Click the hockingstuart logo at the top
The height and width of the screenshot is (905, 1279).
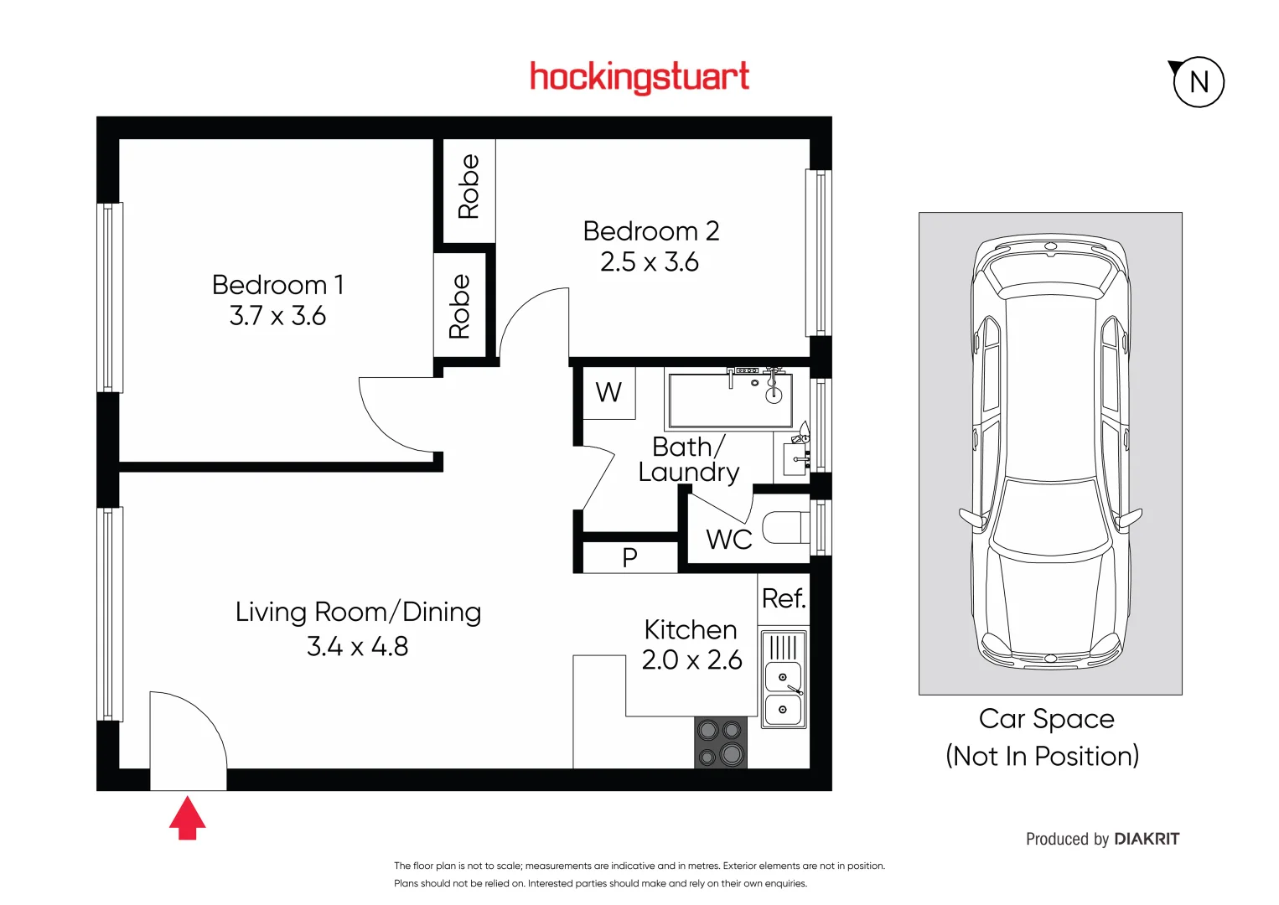tap(639, 77)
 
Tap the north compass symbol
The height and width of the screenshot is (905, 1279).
tap(1198, 82)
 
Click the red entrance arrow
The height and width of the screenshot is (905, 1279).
tap(187, 818)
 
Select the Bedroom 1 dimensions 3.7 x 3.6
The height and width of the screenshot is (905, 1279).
tap(277, 316)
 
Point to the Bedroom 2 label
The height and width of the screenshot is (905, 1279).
tap(650, 231)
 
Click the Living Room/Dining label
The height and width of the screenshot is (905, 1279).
tap(358, 612)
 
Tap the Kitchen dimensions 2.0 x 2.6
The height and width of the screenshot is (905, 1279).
tap(691, 660)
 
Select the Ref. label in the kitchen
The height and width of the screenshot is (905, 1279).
tap(783, 598)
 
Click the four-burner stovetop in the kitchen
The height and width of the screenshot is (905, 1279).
tap(721, 742)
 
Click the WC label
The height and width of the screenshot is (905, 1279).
tap(728, 540)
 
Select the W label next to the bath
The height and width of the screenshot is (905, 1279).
tap(608, 392)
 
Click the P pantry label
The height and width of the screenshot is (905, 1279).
tap(629, 557)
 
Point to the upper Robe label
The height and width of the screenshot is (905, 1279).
tap(469, 186)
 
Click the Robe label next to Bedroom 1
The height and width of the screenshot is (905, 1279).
tap(459, 307)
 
